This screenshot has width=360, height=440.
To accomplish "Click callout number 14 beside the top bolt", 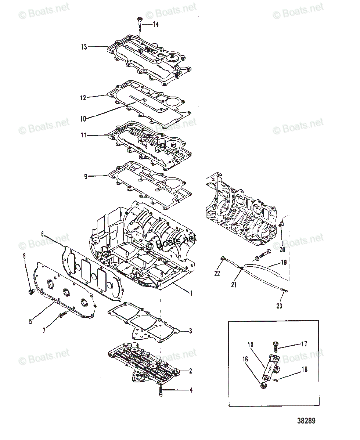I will tap(156, 25).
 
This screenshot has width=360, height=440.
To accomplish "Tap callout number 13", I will tap(84, 47).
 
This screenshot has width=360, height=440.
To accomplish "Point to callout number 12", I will tap(83, 98).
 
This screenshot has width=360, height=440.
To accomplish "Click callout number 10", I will tap(83, 119).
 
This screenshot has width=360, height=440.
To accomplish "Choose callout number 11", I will tap(83, 135).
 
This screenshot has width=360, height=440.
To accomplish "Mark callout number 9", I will tap(86, 177).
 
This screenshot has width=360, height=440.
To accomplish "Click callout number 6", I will tap(43, 234).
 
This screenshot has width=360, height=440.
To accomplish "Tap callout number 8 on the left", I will tap(25, 256).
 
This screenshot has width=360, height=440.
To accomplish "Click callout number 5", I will tap(30, 322).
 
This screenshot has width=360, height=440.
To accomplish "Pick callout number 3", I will tap(190, 331).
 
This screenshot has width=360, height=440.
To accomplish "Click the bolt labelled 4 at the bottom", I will tap(161, 392).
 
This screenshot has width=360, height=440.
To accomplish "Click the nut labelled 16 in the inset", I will tap(263, 385).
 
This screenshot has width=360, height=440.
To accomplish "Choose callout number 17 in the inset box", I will tap(304, 344).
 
